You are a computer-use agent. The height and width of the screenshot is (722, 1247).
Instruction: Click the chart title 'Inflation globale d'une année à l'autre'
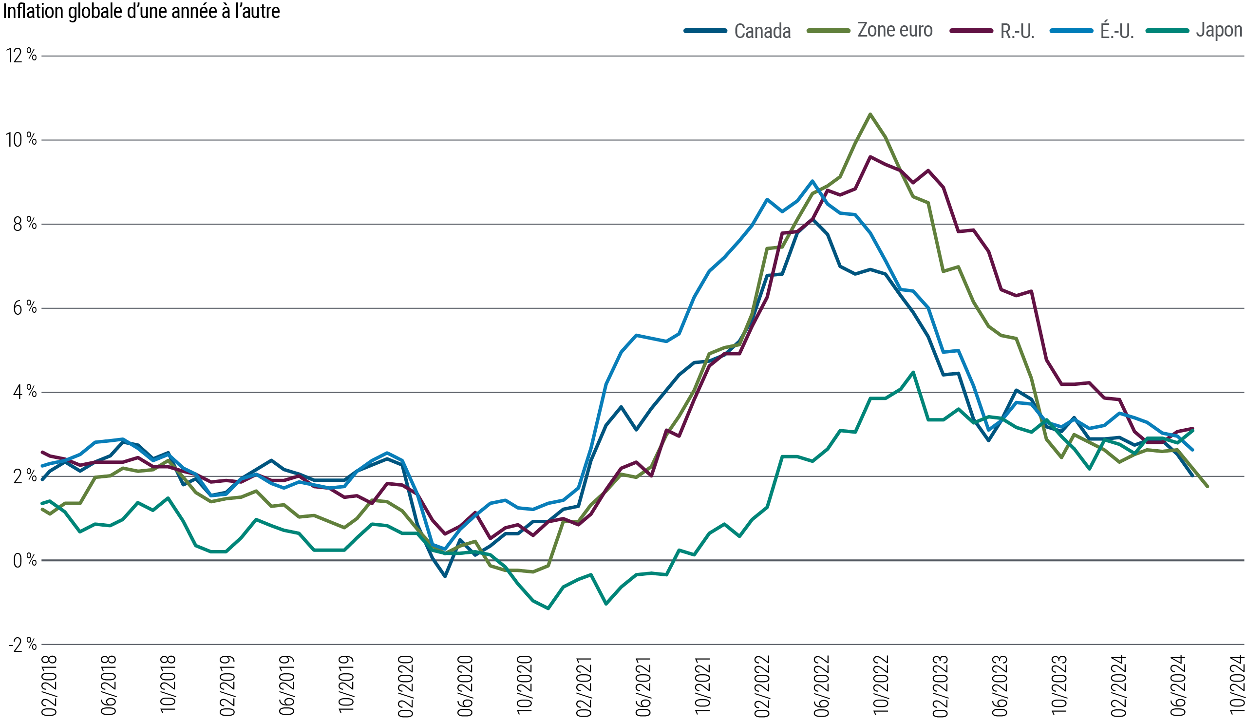point(142,11)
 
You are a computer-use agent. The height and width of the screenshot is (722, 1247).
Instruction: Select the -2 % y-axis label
point(23,645)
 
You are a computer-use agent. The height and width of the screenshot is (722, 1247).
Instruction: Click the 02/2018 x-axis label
point(50,685)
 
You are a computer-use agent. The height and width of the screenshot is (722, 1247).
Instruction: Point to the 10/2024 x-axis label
point(1237,685)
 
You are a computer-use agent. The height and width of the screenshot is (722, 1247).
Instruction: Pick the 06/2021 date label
point(643,685)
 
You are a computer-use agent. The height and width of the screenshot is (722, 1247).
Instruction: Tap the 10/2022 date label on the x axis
point(881,685)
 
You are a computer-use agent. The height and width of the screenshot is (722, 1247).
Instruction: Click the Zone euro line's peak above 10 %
point(870,114)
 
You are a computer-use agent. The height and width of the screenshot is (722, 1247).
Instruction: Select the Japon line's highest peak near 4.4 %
point(913,372)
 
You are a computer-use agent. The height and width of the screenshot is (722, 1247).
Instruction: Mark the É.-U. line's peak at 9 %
point(812,181)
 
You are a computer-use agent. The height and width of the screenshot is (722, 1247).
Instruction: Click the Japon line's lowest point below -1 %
point(548,608)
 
